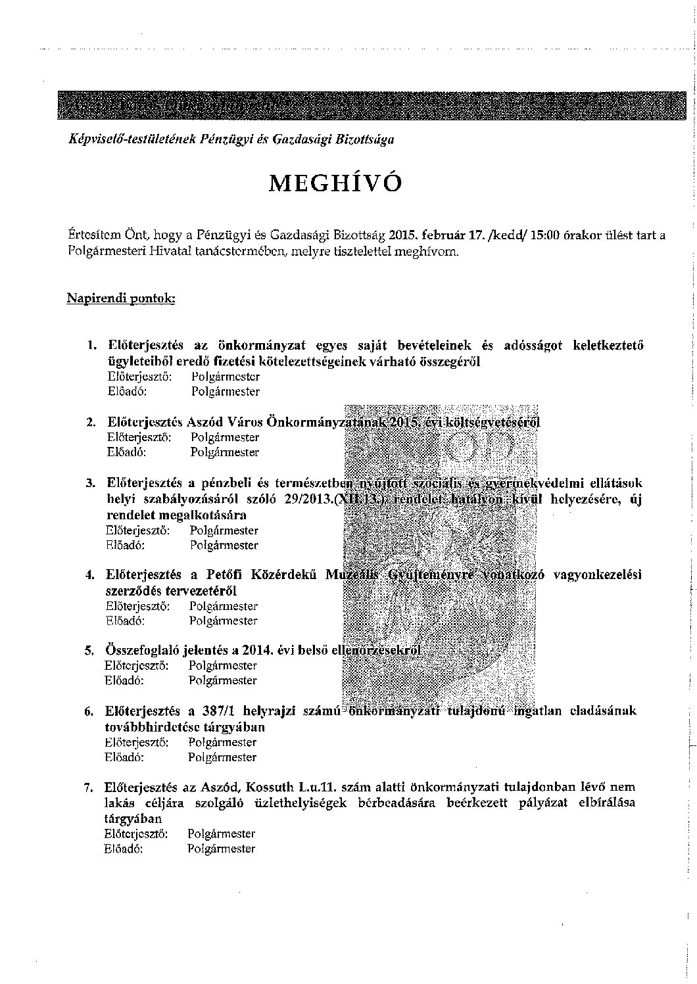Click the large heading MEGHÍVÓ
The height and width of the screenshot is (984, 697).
(335, 182)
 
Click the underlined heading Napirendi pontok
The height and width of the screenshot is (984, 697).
(120, 298)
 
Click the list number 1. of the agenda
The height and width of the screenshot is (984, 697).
(91, 345)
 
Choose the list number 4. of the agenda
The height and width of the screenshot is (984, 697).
(91, 575)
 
